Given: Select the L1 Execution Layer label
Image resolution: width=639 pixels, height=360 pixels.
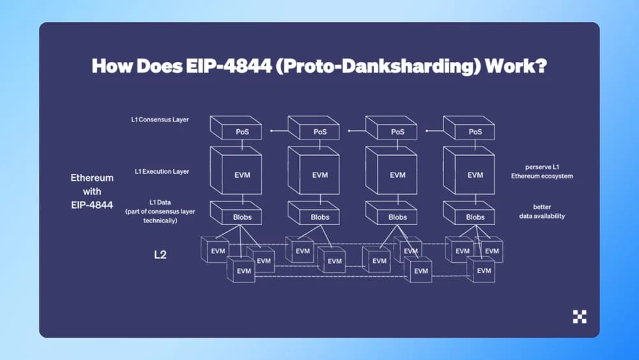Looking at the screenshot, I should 162,171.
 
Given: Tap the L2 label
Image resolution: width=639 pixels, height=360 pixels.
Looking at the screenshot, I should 160,254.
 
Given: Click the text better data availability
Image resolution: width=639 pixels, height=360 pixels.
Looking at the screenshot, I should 541,212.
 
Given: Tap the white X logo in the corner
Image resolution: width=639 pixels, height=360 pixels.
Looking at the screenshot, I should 580,316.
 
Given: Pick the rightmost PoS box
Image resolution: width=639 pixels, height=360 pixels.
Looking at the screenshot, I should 475,132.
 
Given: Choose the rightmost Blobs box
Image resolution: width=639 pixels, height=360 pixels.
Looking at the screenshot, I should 475,217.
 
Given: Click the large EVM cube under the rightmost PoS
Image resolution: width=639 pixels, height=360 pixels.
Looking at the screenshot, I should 475,174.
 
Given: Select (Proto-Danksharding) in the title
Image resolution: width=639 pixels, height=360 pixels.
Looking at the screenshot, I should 377,67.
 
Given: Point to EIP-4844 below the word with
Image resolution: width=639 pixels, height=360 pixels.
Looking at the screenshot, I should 91,205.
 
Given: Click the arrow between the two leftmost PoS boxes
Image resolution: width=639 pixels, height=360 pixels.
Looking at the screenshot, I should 279,131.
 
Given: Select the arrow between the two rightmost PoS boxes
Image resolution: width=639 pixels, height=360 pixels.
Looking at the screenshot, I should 435,131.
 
